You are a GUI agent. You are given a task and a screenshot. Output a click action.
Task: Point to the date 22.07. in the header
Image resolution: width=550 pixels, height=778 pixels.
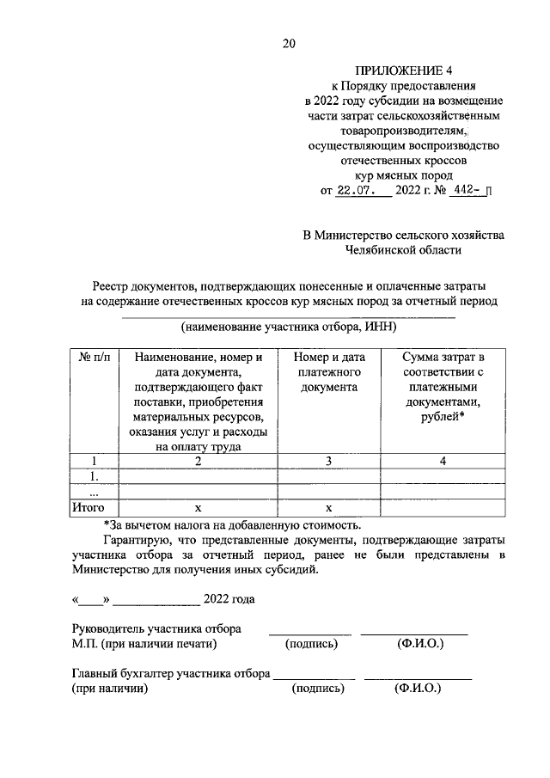click(x=356, y=192)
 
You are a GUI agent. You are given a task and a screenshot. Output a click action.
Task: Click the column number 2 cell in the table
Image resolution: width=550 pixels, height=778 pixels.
click(x=198, y=461)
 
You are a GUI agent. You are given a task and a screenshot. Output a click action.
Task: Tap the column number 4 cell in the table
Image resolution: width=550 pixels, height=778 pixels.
click(x=443, y=461)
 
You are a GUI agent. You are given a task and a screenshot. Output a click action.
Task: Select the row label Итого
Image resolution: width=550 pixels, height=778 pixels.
click(x=89, y=508)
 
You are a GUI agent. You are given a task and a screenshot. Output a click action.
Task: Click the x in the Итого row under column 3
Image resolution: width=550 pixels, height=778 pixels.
click(x=328, y=508)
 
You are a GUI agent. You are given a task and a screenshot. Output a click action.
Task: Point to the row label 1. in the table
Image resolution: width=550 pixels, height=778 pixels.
click(x=95, y=476)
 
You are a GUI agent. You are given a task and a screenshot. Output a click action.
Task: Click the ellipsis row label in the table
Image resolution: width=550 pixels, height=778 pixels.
click(x=95, y=493)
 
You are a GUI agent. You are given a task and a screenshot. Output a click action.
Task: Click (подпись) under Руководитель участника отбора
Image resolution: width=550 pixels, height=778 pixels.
click(x=311, y=643)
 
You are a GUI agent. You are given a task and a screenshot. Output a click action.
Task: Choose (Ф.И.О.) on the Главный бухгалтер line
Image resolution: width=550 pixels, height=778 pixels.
click(x=417, y=689)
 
